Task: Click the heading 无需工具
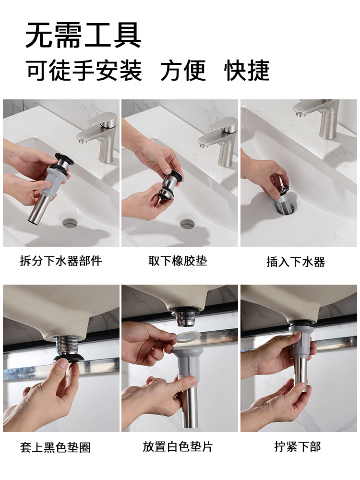coord(83,35)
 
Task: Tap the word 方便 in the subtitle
coord(183,71)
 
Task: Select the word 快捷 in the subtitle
coord(247,71)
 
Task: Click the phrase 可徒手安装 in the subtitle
coord(84,71)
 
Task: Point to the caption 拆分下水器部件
coord(60,261)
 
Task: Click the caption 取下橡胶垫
coord(178,261)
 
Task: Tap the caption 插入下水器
coord(295,262)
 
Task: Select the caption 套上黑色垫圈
coord(55,447)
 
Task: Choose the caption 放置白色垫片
coord(178,446)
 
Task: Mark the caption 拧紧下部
coord(297,446)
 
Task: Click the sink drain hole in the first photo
coord(70,223)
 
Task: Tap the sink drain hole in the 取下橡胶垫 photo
coord(187,224)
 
